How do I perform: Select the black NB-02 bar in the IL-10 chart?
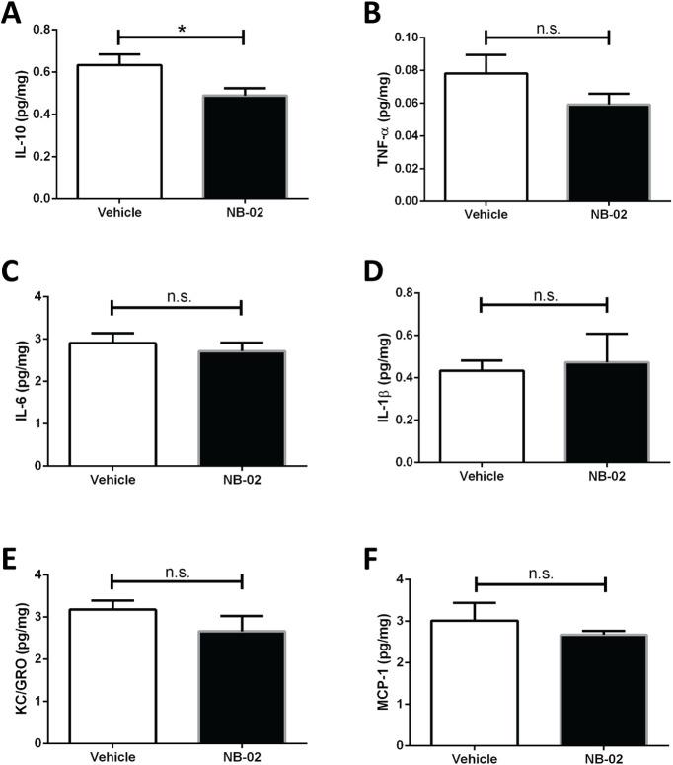pyautogui.click(x=243, y=147)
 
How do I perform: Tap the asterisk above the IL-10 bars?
pyautogui.click(x=181, y=30)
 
